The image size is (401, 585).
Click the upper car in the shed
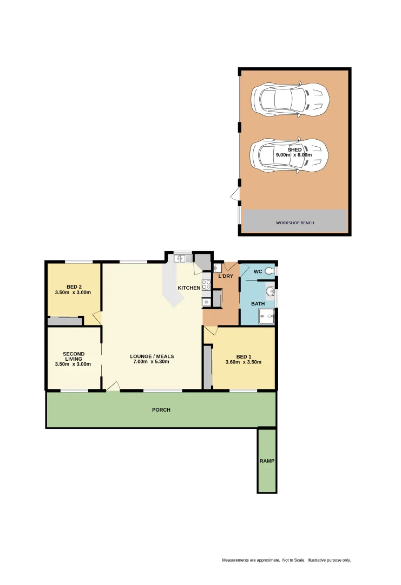point(290,99)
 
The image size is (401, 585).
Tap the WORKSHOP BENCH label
point(295,223)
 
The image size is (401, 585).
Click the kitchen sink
point(183,258)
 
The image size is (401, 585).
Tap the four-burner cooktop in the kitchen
point(206,284)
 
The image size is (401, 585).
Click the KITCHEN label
point(189,288)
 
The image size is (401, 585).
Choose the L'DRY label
point(226,277)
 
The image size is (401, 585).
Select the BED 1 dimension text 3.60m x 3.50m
point(244,362)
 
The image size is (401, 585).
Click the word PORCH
point(161,410)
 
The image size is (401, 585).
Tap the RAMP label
point(267,461)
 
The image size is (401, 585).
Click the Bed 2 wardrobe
point(64,321)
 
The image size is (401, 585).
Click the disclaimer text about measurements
point(286,560)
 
